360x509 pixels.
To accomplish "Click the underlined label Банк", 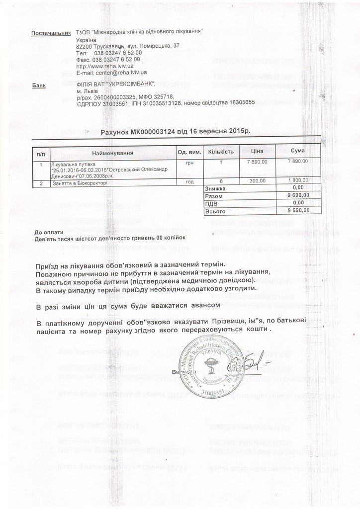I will tap(38, 85).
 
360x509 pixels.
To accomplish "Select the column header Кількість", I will tap(220, 151).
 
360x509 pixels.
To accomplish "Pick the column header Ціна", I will tap(257, 151).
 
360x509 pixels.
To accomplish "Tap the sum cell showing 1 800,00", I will tap(297, 181).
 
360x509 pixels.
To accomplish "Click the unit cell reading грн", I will tap(189, 163).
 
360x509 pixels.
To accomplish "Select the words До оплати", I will tap(49, 232).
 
